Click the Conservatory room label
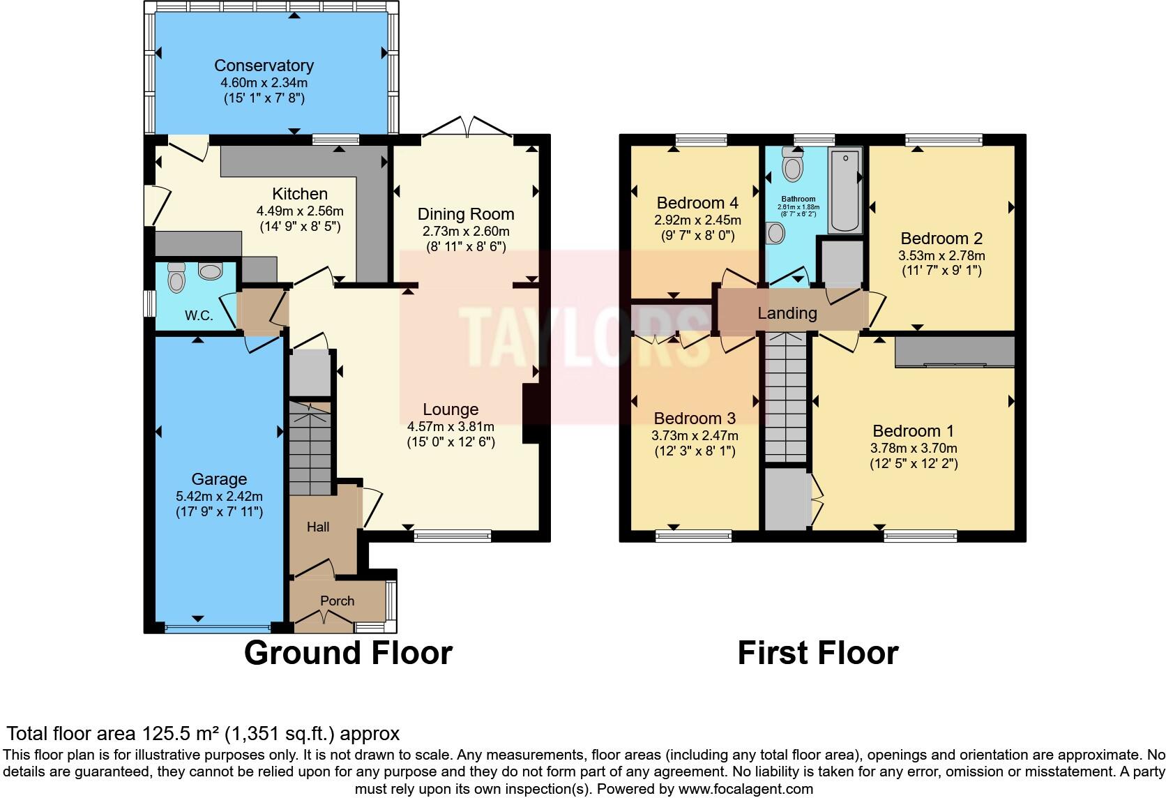coord(264,66)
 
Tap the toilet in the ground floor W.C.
coord(177,279)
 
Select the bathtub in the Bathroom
coord(845,190)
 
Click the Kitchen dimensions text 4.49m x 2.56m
coord(300,211)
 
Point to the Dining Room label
coord(466,214)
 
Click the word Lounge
coord(450,409)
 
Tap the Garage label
coord(219,479)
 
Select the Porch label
coord(337,601)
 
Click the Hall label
coord(318,527)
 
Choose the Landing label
coord(787,313)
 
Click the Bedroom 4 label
coord(697,203)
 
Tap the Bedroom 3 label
coord(695,419)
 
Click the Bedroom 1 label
coord(913,431)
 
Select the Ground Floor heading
coord(348,653)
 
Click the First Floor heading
coord(817,653)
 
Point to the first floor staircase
coord(787,398)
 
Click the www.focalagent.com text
coord(745,790)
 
